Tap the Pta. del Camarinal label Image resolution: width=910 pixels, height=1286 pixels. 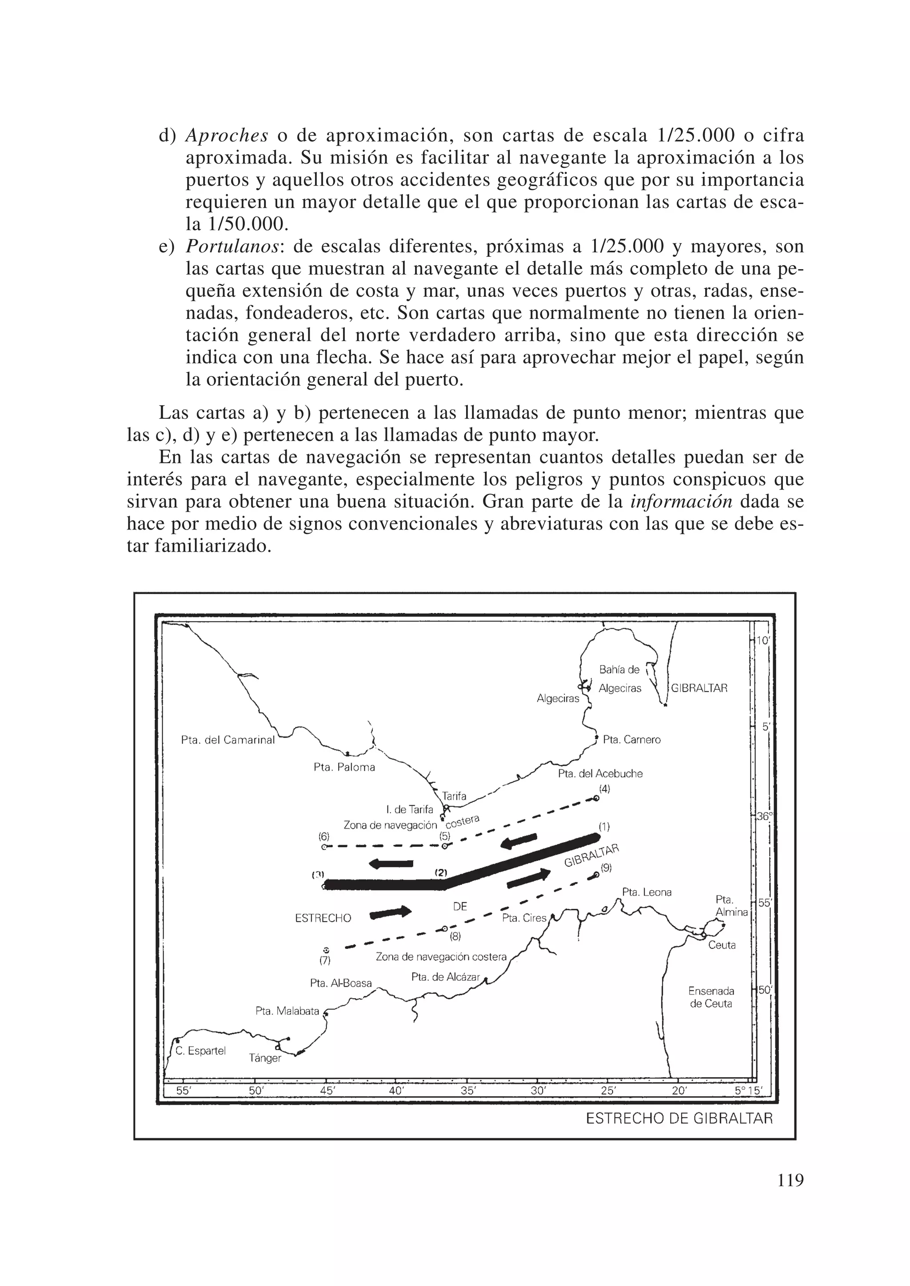pyautogui.click(x=228, y=740)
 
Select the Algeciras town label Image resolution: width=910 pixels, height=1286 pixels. pyautogui.click(x=558, y=698)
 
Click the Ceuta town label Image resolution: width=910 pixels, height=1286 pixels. pyautogui.click(x=722, y=945)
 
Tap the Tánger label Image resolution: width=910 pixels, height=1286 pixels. pyautogui.click(x=265, y=1058)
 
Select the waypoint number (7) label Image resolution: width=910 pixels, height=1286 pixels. pyautogui.click(x=325, y=960)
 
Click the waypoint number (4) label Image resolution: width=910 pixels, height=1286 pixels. pyautogui.click(x=603, y=788)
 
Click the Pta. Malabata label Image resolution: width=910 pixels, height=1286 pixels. pyautogui.click(x=287, y=1011)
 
